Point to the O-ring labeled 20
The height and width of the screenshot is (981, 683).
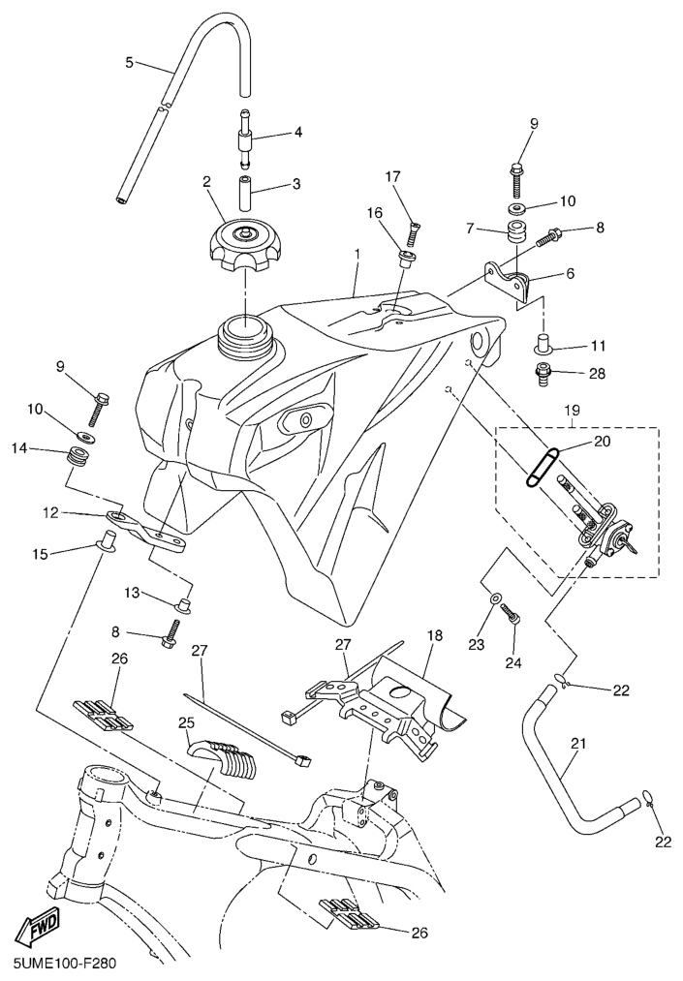point(543,466)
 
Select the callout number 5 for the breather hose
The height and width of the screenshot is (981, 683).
point(130,63)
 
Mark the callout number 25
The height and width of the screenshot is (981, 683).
point(186,722)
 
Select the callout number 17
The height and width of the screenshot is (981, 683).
point(391,176)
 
